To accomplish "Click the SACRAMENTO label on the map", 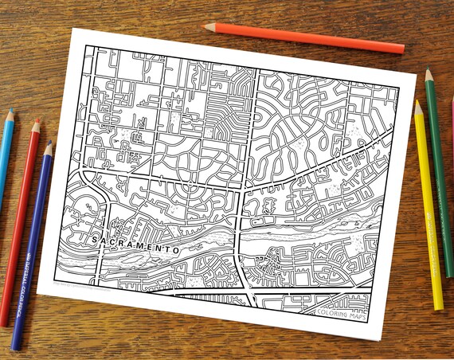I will click(x=135, y=245).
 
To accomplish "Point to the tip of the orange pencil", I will click(x=205, y=26).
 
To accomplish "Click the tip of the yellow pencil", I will click(x=417, y=103).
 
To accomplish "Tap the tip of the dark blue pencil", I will click(x=50, y=143).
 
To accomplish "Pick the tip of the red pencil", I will click(x=36, y=120).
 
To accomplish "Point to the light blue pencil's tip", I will click(x=10, y=112).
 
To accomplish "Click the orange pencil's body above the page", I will click(x=319, y=38).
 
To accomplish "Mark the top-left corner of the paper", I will click(x=74, y=29).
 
